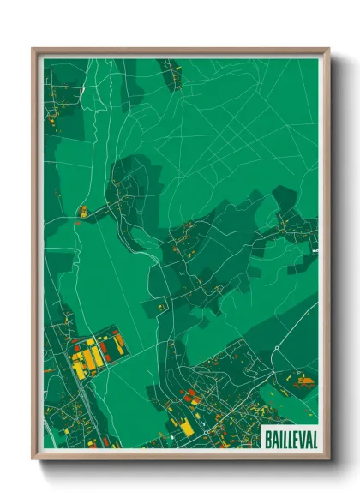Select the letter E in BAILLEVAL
[x=296, y=436]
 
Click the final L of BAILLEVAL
[x=315, y=436]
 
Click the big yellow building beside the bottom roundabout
[x=186, y=428]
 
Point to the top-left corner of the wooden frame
[x=34, y=50]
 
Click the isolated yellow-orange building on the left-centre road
[x=84, y=210]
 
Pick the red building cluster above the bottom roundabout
[x=190, y=396]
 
